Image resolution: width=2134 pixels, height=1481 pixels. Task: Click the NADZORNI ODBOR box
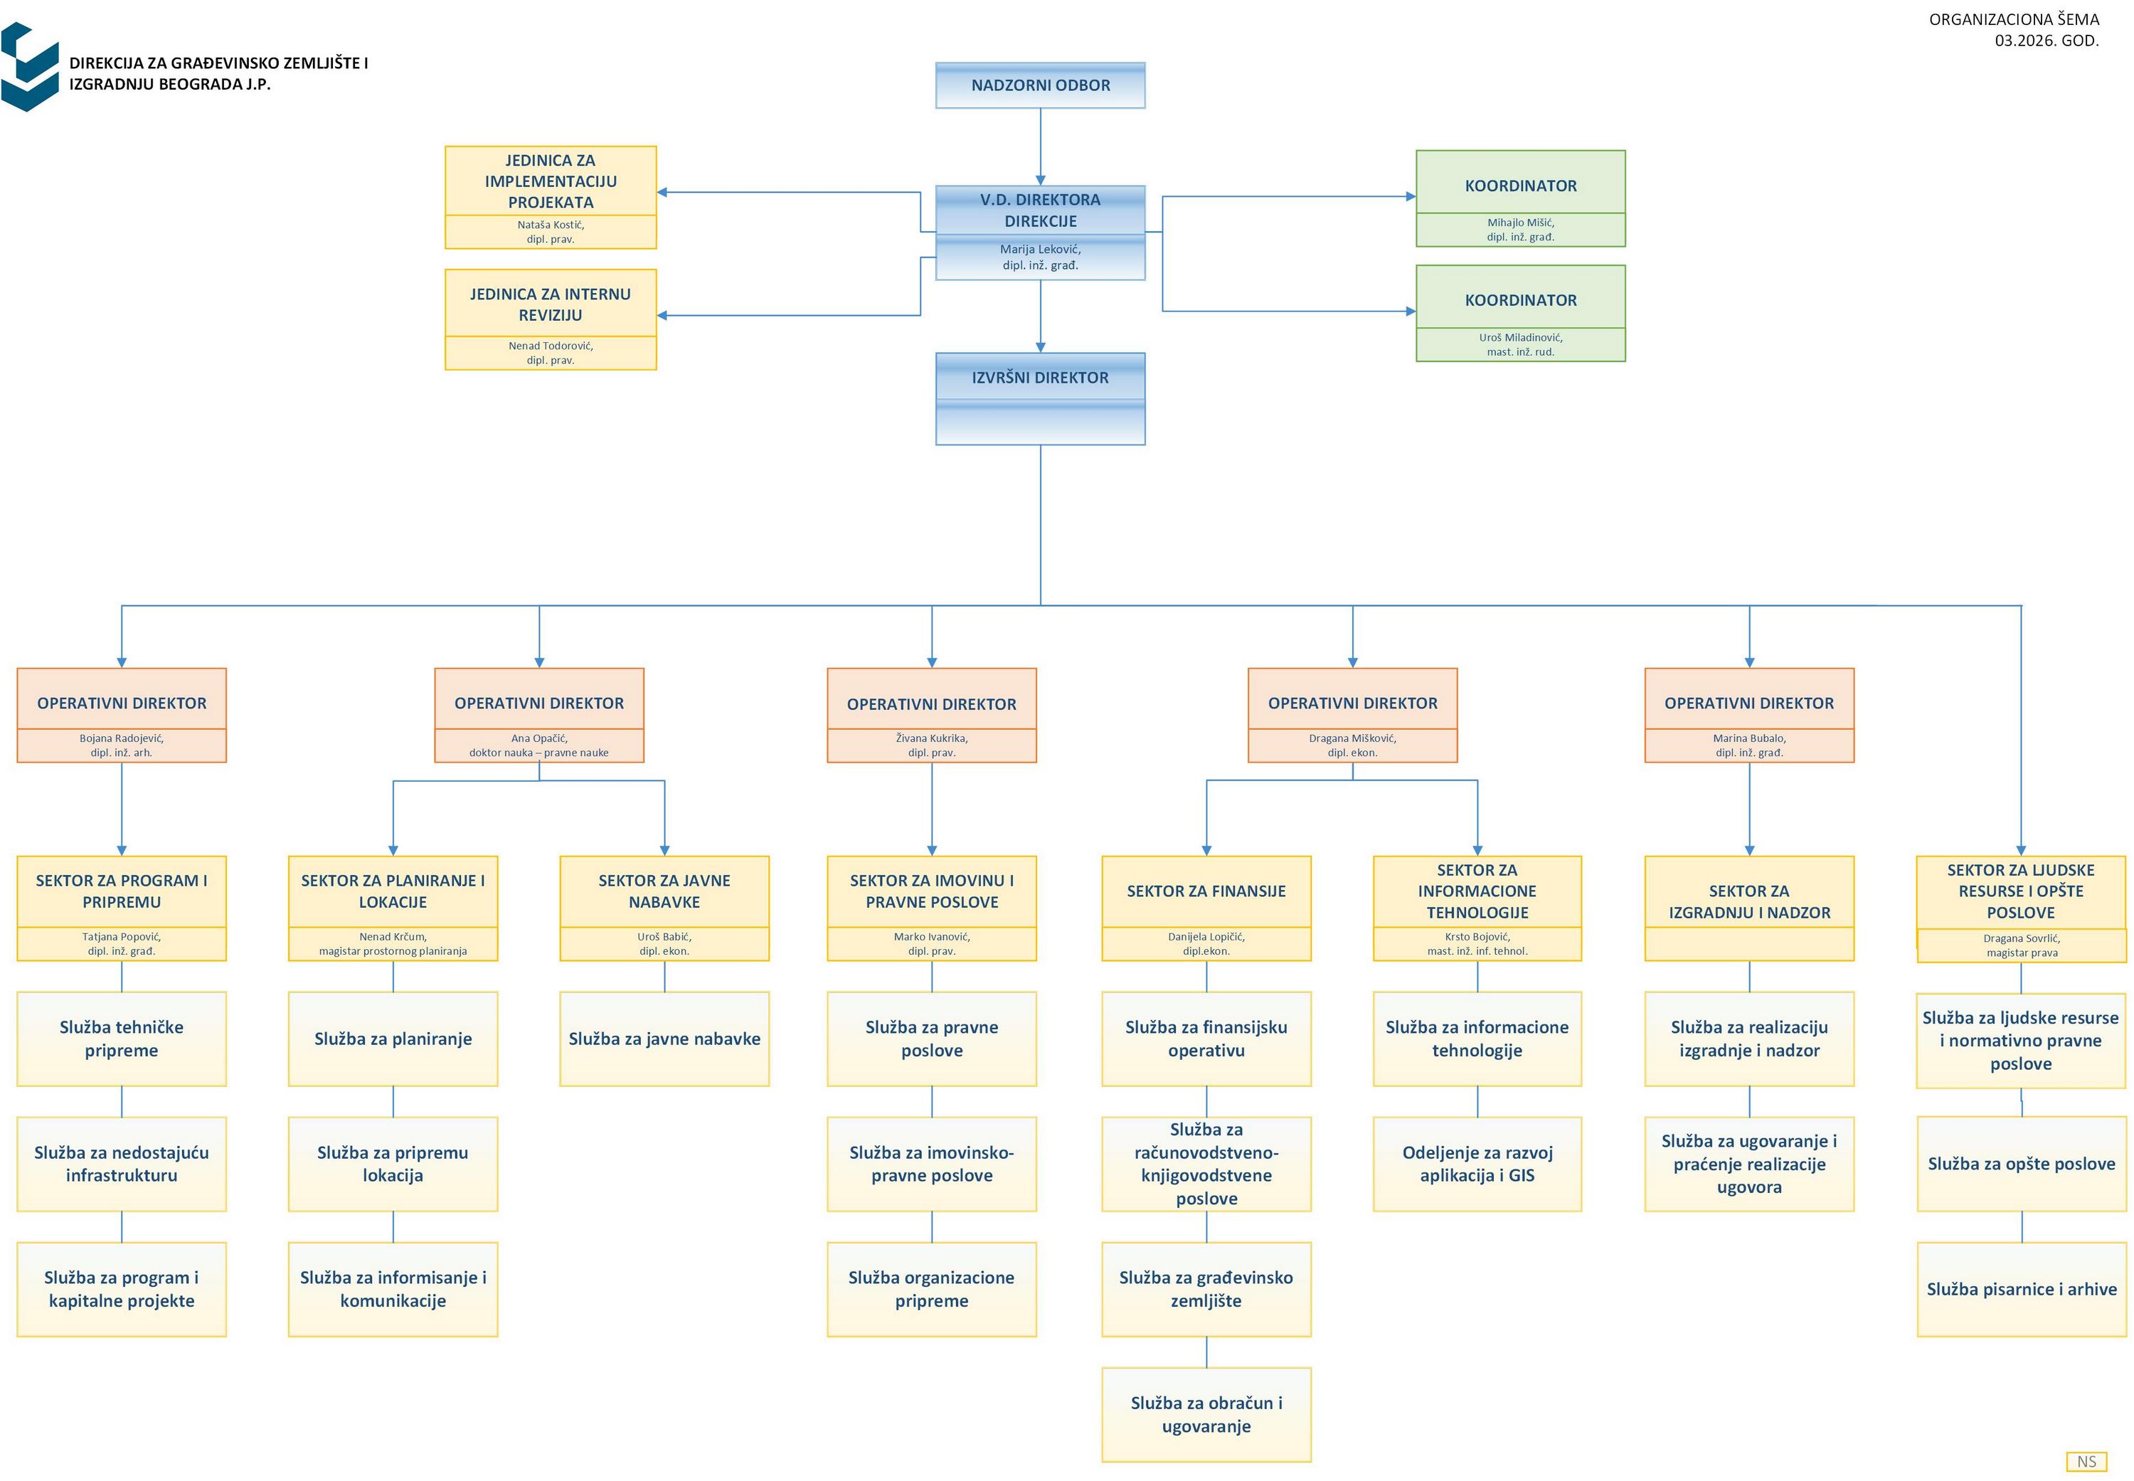tap(1040, 85)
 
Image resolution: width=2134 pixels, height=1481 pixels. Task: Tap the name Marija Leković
tap(1040, 250)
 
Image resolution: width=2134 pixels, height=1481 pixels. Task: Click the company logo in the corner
tap(30, 67)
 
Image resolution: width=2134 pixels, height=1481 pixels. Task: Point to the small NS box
tap(2086, 1462)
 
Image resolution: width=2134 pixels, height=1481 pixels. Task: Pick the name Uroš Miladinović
tap(1520, 338)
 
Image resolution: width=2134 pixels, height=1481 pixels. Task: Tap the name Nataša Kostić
tap(550, 225)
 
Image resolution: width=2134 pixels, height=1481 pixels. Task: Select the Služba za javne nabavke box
tap(664, 1039)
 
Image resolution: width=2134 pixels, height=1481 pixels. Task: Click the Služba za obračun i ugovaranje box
tap(1206, 1414)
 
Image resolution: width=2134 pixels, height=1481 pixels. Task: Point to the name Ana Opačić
tap(539, 738)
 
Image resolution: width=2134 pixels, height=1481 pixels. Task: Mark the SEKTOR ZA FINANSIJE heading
tap(1206, 891)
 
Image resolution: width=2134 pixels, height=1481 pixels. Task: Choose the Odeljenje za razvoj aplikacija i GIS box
tap(1477, 1164)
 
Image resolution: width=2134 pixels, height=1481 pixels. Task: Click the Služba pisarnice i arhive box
tap(2021, 1289)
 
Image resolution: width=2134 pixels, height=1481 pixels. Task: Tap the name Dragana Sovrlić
tap(2021, 939)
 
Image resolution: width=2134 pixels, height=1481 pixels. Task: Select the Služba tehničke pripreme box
tap(122, 1039)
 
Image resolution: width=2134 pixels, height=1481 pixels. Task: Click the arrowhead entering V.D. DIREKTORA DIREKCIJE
tap(1040, 180)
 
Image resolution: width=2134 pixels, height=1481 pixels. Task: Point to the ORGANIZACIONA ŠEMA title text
tap(2013, 19)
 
